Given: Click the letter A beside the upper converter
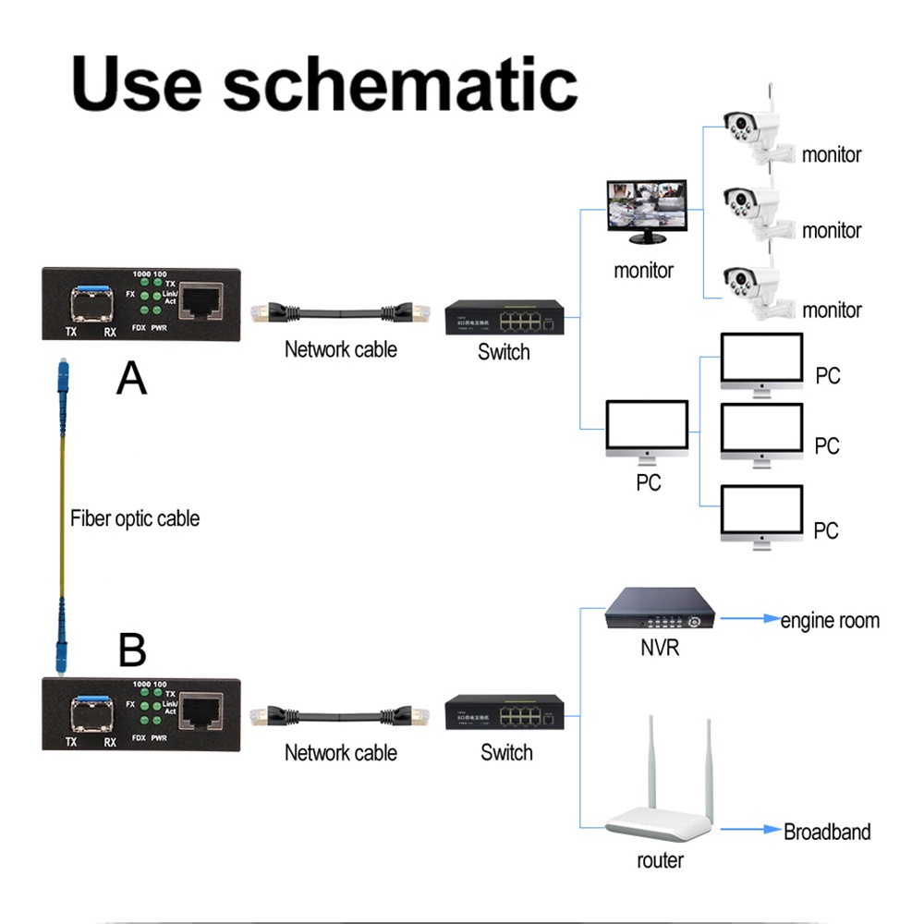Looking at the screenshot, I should tap(132, 378).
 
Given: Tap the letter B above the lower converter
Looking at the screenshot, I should tap(132, 650).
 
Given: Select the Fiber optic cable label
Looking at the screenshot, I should tap(135, 518).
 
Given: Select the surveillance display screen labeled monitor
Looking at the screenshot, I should tap(646, 212).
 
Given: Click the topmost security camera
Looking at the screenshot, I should tap(750, 129).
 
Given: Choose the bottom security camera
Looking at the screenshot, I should tap(750, 286).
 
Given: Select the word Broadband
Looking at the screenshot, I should tap(827, 832).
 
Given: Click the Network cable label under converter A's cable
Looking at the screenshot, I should tap(340, 349).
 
